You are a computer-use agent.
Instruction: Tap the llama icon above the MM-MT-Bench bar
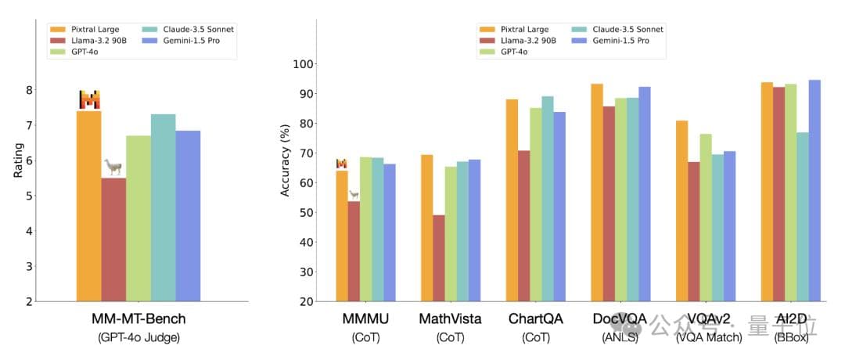[113, 167]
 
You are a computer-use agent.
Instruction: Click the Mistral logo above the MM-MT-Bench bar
[89, 99]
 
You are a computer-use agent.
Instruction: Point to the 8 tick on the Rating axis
[29, 90]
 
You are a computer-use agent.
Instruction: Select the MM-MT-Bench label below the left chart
[138, 319]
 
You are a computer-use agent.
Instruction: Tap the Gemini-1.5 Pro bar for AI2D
[814, 190]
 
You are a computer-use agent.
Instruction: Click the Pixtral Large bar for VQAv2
[682, 211]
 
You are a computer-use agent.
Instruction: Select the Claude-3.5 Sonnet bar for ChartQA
[548, 199]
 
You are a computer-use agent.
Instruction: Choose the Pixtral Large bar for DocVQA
[597, 192]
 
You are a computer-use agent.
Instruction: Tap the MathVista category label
[450, 320]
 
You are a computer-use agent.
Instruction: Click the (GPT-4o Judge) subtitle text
[138, 338]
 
